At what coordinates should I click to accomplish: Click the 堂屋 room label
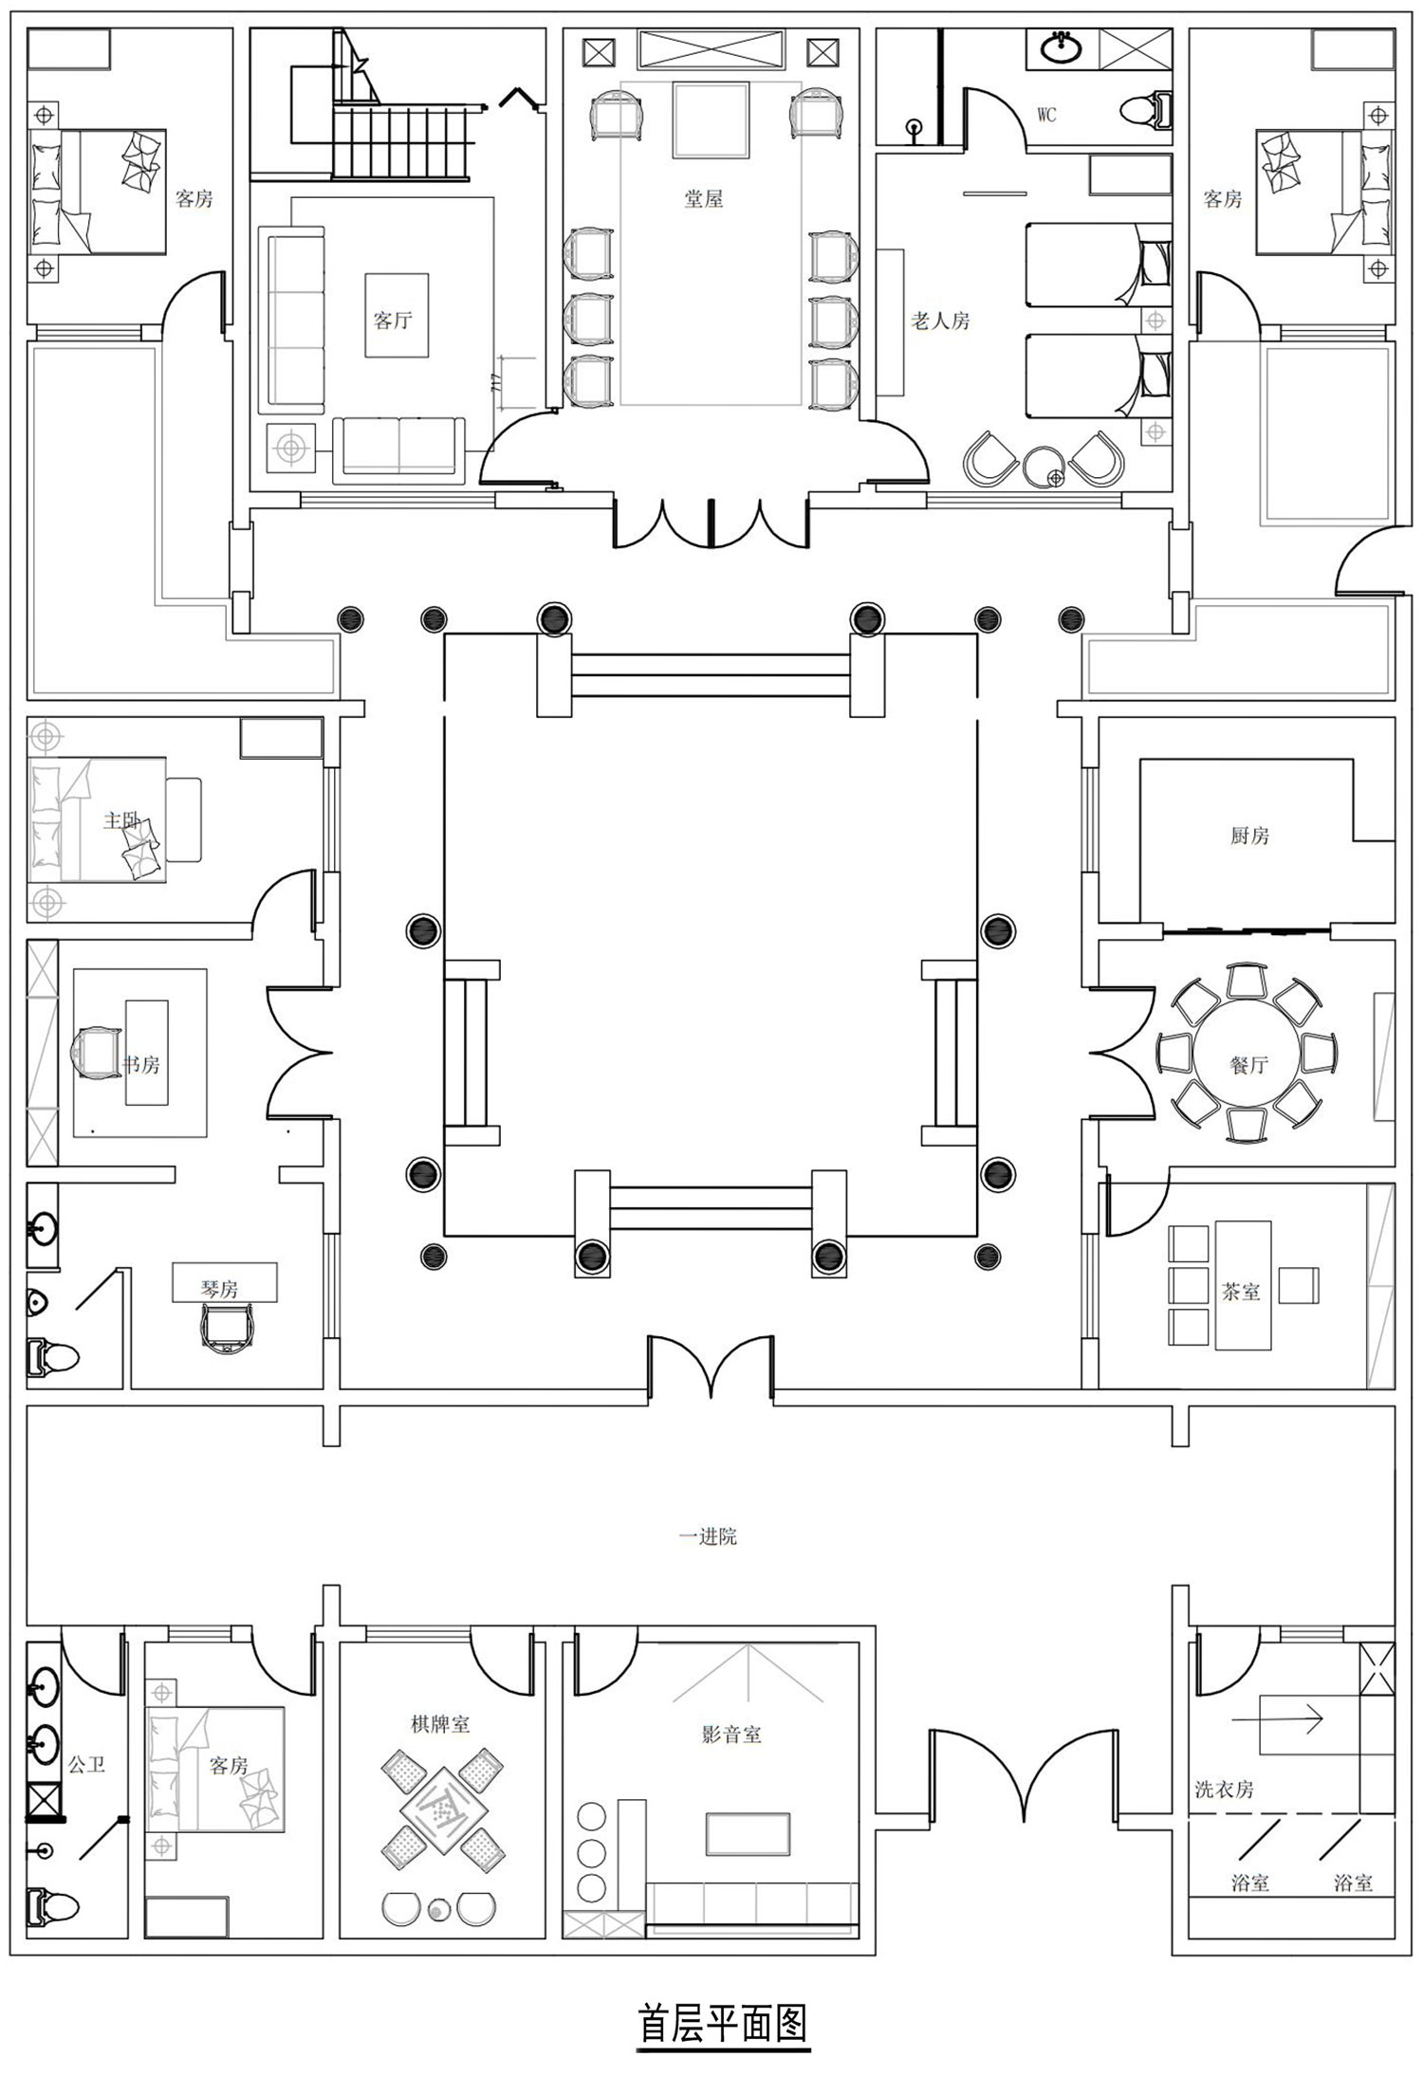(704, 198)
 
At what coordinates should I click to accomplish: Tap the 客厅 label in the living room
(393, 320)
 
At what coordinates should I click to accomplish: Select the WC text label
(1046, 115)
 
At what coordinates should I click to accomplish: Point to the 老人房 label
(940, 321)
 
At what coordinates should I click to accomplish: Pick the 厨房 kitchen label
(1249, 836)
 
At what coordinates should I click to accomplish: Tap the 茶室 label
(1241, 1291)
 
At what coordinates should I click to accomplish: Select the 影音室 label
(731, 1735)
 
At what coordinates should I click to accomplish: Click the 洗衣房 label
(1224, 1790)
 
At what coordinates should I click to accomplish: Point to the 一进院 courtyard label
(708, 1537)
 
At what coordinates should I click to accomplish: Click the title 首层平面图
(723, 2023)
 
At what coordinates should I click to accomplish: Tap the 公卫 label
(86, 1765)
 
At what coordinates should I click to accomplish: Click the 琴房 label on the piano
(219, 1289)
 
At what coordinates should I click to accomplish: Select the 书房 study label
(141, 1064)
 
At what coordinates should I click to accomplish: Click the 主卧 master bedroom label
(122, 819)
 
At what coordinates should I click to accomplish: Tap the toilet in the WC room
(1146, 110)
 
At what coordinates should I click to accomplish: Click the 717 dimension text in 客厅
(495, 384)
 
